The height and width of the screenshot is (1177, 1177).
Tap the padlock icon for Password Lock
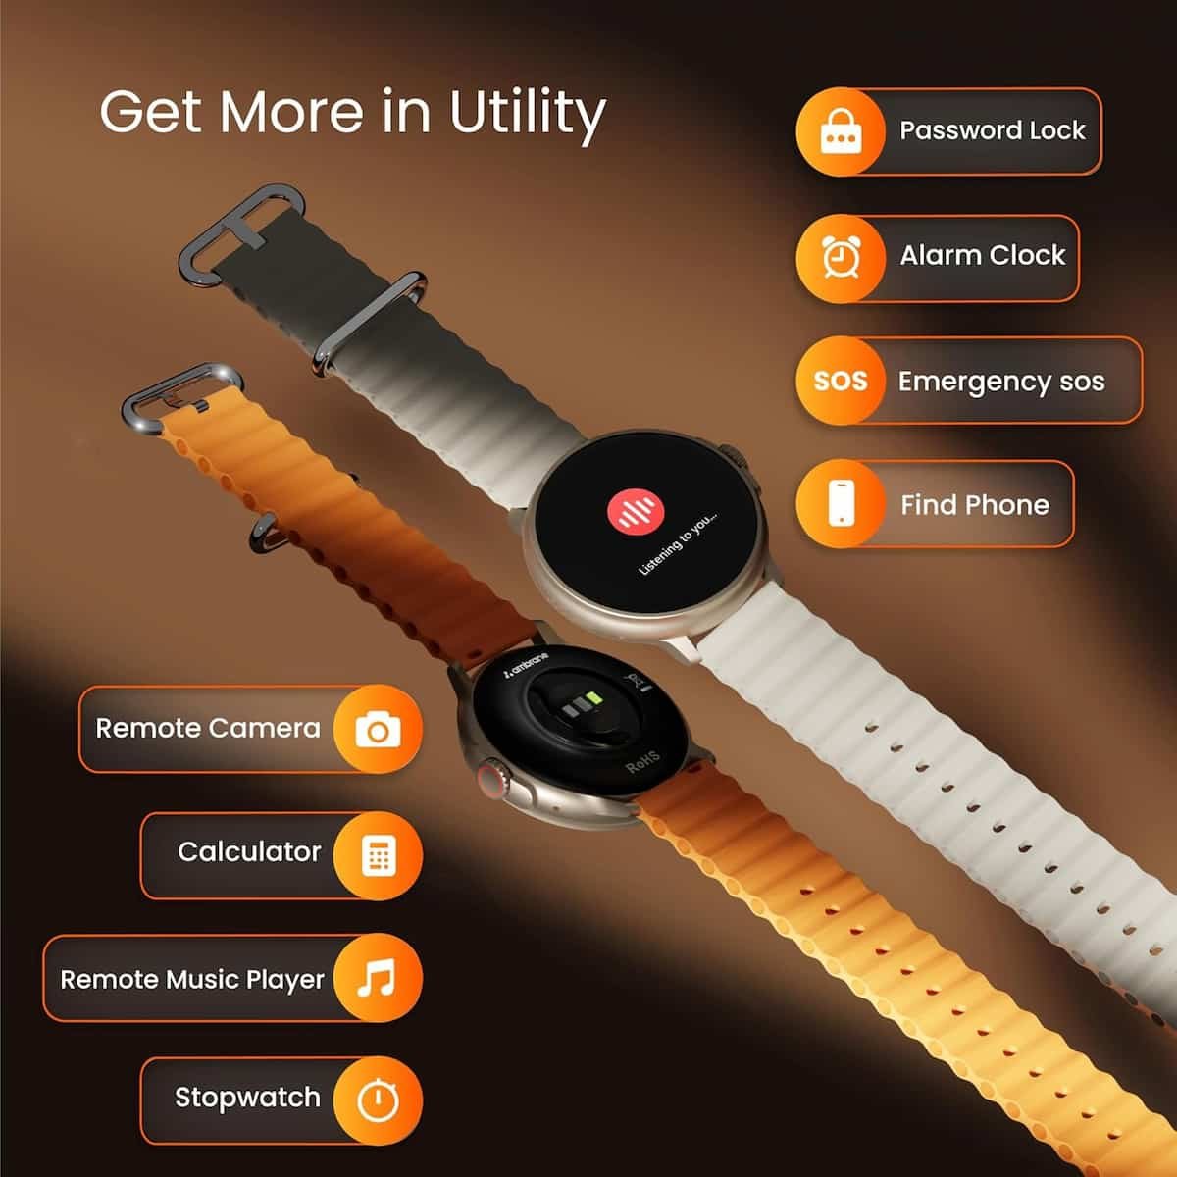[841, 131]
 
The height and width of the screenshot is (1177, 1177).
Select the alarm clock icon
[841, 257]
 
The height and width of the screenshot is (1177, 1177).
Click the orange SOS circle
[841, 381]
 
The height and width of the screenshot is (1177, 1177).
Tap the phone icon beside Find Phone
[841, 503]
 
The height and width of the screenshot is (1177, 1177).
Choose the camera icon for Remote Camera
[378, 730]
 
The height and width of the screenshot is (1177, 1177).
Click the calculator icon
[379, 855]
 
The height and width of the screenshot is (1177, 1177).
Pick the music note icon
[377, 978]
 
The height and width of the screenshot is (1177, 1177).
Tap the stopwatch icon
[378, 1100]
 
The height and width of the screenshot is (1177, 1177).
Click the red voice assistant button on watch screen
[636, 511]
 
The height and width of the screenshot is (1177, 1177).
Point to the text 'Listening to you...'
[678, 543]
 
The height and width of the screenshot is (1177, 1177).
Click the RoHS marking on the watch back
[643, 762]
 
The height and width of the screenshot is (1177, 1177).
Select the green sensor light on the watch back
[592, 698]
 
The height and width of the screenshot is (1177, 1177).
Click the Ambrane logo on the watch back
[526, 665]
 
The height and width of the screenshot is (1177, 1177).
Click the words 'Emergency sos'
[1001, 382]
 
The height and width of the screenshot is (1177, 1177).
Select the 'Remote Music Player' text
[192, 980]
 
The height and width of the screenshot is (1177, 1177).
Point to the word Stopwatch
[247, 1098]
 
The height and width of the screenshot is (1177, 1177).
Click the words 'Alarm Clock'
[982, 255]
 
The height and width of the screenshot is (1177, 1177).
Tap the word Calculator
[249, 851]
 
